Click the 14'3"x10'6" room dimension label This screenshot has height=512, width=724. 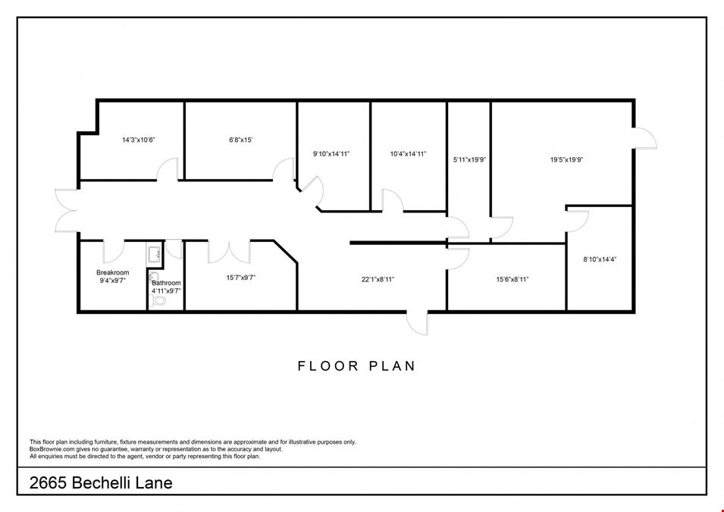(139, 140)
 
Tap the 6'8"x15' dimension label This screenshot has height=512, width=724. (241, 140)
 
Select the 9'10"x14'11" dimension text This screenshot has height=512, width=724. (331, 154)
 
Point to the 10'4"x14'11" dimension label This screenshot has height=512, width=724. (408, 154)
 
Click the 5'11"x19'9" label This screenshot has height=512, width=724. (469, 160)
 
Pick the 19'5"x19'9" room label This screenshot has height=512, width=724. (567, 160)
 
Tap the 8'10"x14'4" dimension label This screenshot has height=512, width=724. (600, 259)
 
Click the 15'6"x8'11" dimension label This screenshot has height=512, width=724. (512, 279)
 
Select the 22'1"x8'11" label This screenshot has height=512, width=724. (378, 279)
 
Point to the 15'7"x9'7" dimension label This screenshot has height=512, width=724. (241, 278)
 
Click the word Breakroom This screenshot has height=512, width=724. (113, 272)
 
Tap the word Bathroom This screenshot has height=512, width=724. (166, 283)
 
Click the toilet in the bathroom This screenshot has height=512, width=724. (158, 300)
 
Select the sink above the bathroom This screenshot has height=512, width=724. (154, 253)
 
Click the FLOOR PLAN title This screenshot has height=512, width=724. (357, 366)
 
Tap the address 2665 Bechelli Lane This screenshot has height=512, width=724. (101, 483)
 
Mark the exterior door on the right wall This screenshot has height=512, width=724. (645, 138)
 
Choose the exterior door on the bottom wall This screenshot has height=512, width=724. (418, 323)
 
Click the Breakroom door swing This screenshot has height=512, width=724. (113, 252)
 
